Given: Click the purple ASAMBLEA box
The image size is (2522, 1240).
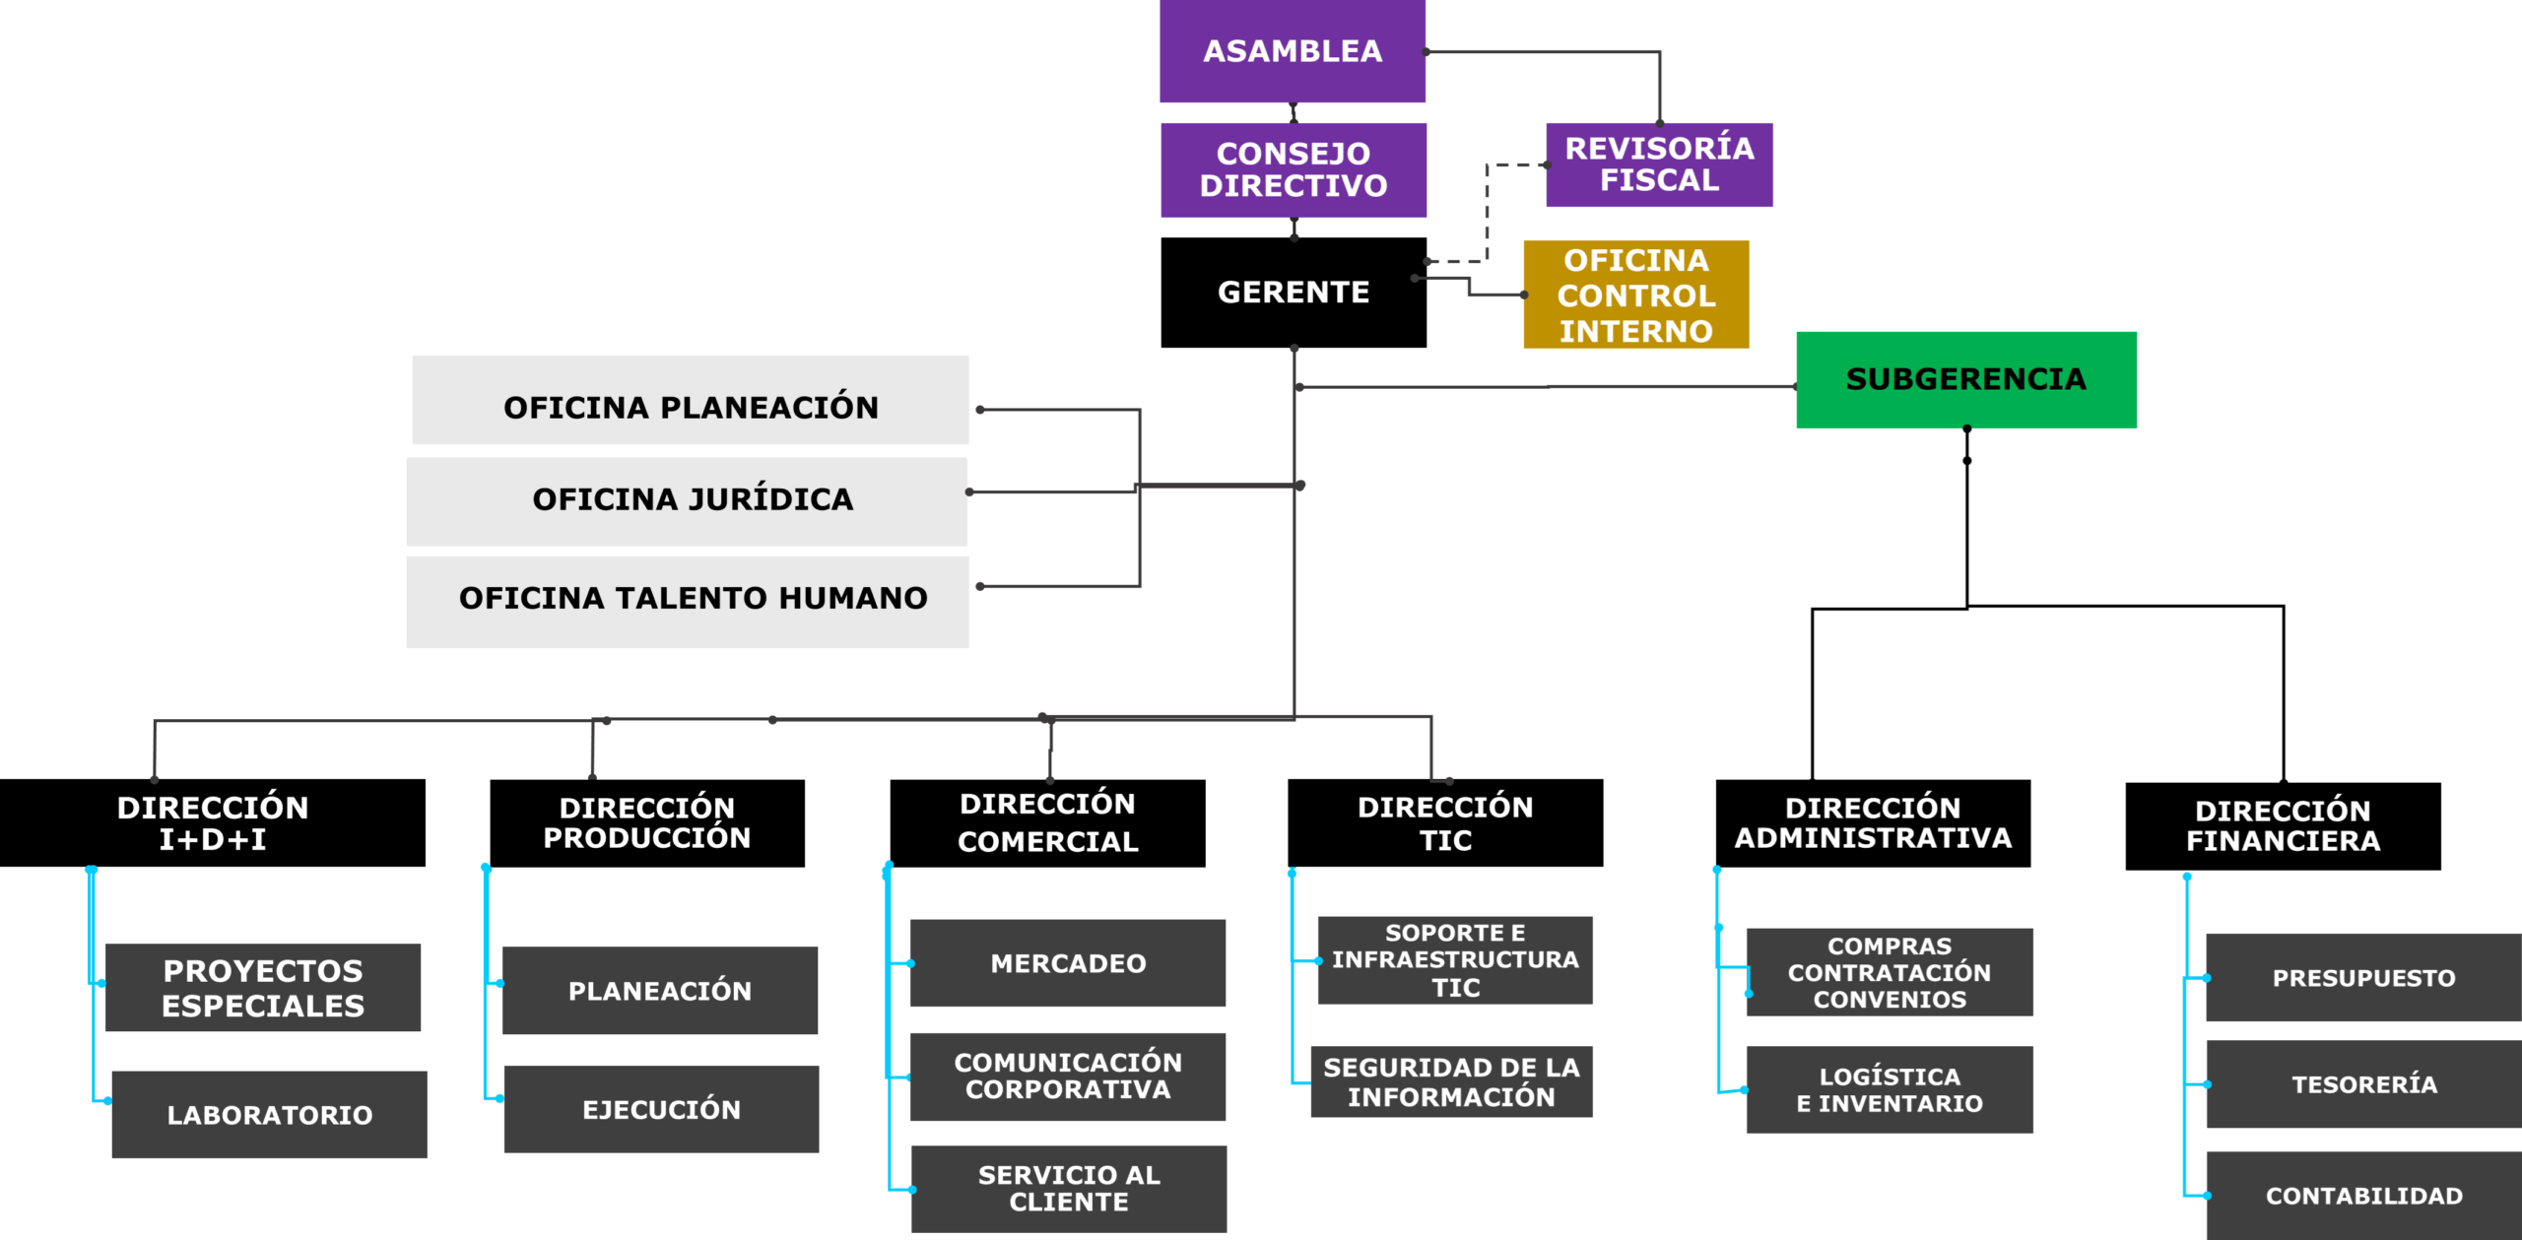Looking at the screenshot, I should pyautogui.click(x=1293, y=51).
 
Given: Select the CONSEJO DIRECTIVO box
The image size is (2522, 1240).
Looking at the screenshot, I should pyautogui.click(x=1293, y=169).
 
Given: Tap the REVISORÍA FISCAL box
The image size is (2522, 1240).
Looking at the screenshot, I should pyautogui.click(x=1659, y=164).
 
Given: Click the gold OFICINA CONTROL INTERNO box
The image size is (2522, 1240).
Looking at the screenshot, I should pyautogui.click(x=1635, y=294).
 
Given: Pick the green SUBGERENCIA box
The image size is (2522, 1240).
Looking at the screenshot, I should pyautogui.click(x=1965, y=379).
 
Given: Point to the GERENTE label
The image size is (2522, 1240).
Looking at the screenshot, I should pyautogui.click(x=1293, y=293).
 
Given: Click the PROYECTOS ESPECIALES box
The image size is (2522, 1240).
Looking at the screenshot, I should pyautogui.click(x=263, y=988).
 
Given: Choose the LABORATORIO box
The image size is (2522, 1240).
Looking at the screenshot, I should pyautogui.click(x=269, y=1115).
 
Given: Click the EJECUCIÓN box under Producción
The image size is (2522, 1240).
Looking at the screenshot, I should pyautogui.click(x=661, y=1109).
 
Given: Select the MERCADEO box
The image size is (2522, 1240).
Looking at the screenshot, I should pyautogui.click(x=1068, y=963).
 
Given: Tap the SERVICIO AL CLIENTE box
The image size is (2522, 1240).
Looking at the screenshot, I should pyautogui.click(x=1069, y=1189).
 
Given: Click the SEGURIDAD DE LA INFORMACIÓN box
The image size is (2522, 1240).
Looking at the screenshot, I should pyautogui.click(x=1451, y=1081).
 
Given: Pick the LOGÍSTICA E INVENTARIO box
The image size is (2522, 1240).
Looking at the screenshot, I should pyautogui.click(x=1890, y=1089).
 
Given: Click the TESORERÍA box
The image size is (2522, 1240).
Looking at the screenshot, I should pyautogui.click(x=2363, y=1084).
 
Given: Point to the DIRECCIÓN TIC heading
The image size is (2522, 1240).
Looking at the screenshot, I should pyautogui.click(x=1445, y=822).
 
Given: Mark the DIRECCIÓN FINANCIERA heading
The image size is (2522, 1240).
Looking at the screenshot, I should pyautogui.click(x=2283, y=825).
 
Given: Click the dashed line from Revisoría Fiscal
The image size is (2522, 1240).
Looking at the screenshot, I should pyautogui.click(x=1487, y=212).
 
